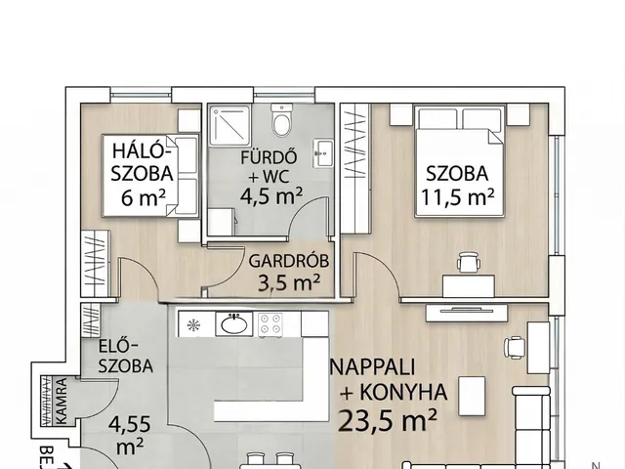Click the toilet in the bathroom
coord(283,124)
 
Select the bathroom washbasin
coord(323,151)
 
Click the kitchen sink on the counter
coord(234,324)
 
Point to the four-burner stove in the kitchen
coord(270,323)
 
